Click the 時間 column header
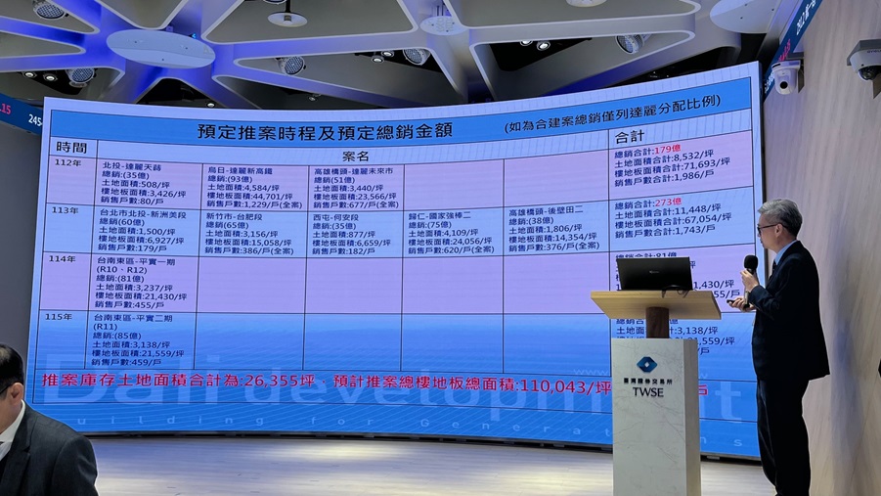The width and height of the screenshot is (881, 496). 71,146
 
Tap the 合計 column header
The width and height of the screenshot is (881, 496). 631,136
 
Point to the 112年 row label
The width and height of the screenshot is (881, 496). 69,162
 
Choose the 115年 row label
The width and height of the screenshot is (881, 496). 60,316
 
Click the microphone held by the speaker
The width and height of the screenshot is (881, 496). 750,264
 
